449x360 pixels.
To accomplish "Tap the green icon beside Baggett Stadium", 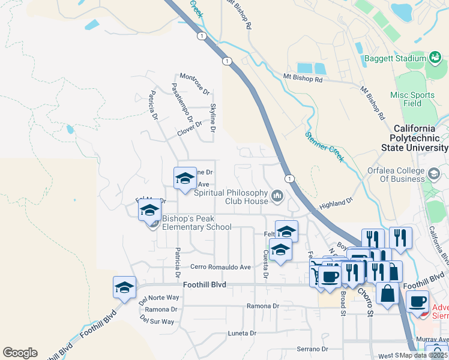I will (436, 58).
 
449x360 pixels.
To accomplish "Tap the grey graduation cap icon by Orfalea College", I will (433, 174).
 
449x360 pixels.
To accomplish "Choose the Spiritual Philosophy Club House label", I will (231, 197).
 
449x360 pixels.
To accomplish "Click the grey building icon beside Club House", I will (277, 196).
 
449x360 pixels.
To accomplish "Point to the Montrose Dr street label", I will (195, 84).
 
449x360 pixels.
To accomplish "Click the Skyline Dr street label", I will (212, 117).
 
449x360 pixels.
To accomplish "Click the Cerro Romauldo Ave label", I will (220, 266).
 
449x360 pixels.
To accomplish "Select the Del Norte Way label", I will (160, 298).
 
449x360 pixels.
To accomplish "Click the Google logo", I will (20, 353).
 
